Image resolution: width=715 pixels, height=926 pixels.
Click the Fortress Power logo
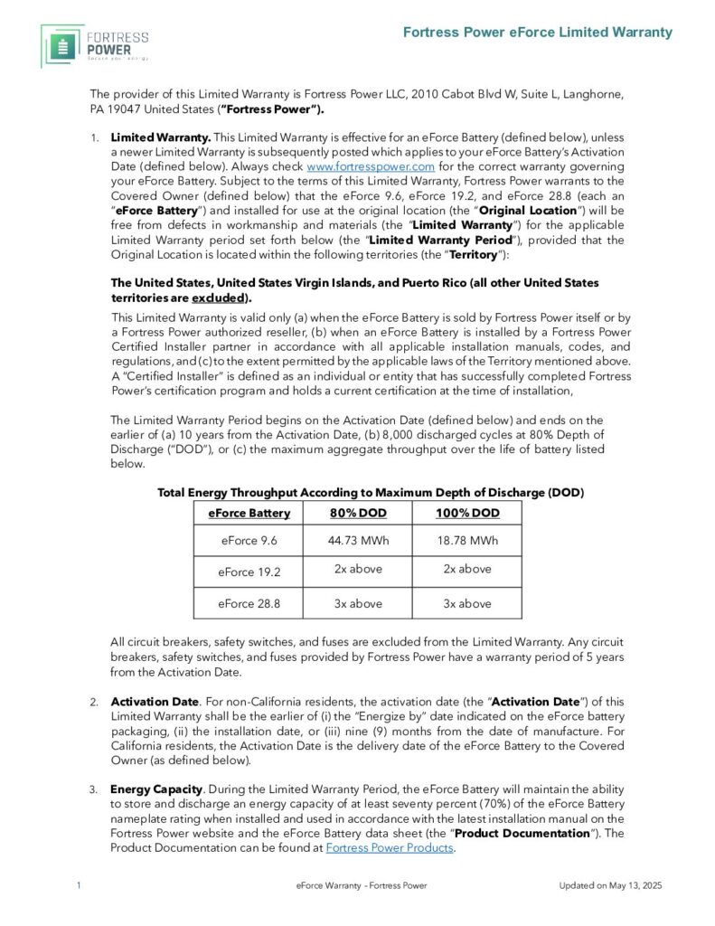pos(94,46)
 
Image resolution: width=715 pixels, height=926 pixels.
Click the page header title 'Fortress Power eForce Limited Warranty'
pos(537,33)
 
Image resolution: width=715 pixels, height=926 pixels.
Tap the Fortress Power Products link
pos(389,847)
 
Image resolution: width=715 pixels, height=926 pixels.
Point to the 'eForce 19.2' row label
pos(249,572)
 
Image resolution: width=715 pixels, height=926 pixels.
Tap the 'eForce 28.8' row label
pos(249,603)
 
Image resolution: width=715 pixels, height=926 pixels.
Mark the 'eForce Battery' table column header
pos(249,513)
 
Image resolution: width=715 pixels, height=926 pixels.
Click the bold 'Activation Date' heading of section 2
pos(142,702)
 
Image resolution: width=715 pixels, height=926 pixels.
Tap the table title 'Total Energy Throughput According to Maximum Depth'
pos(370,493)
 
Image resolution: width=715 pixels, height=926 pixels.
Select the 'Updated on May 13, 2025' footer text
pos(610,885)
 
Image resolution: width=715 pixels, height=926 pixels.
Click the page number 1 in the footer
pos(80,885)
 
